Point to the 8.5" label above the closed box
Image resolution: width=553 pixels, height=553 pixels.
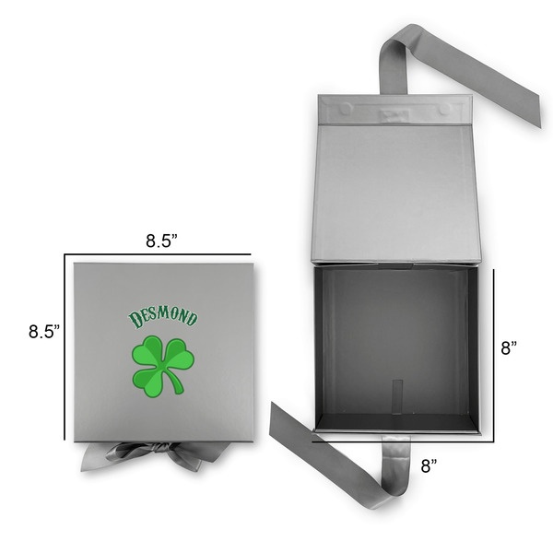coord(162,240)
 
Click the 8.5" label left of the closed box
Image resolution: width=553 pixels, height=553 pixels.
coord(43,330)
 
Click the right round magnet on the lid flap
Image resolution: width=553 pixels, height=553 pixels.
coord(446,109)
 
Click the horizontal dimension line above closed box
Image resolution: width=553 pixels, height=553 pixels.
coord(158,253)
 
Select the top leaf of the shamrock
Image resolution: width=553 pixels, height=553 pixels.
coord(162,349)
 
